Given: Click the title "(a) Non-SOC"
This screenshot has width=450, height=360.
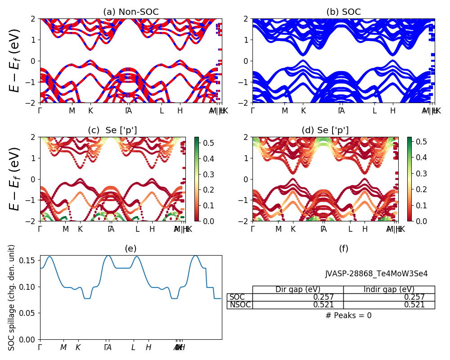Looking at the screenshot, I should pyautogui.click(x=130, y=12).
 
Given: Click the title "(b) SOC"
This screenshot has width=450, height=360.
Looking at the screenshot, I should pyautogui.click(x=343, y=12).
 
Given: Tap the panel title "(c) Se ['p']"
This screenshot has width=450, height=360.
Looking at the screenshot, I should pyautogui.click(x=112, y=130).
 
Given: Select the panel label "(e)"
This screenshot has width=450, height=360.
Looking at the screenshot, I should pyautogui.click(x=130, y=248).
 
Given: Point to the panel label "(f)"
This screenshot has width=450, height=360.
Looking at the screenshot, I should pyautogui.click(x=343, y=248).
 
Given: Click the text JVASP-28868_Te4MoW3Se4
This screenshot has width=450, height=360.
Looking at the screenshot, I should pyautogui.click(x=376, y=274).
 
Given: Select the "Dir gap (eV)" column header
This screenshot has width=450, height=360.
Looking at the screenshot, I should pyautogui.click(x=298, y=289).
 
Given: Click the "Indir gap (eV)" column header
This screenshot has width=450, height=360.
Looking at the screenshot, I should pyautogui.click(x=389, y=289).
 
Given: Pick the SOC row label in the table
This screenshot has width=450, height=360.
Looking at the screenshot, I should pyautogui.click(x=237, y=297).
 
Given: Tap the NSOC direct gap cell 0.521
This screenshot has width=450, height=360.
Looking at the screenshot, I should pyautogui.click(x=324, y=305).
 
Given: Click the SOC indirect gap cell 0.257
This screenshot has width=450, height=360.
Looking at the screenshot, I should pyautogui.click(x=414, y=297).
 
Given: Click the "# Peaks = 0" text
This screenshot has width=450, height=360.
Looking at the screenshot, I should pyautogui.click(x=348, y=315).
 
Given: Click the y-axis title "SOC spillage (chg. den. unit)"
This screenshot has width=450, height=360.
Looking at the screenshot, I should pyautogui.click(x=12, y=297).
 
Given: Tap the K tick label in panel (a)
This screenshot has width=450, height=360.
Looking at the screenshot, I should pyautogui.click(x=90, y=111).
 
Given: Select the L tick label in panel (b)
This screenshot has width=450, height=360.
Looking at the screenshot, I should pyautogui.click(x=374, y=111).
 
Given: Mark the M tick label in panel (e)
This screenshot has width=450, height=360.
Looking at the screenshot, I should pyautogui.click(x=63, y=347).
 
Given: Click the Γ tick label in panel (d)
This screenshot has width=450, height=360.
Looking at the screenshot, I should pyautogui.click(x=252, y=229).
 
